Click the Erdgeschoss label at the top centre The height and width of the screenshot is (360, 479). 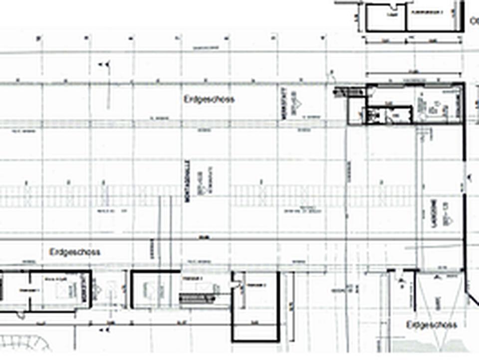pyautogui.click(x=209, y=99)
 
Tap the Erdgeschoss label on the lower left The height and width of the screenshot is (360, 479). pyautogui.click(x=75, y=252)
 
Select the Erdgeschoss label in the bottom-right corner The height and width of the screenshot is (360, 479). pyautogui.click(x=432, y=325)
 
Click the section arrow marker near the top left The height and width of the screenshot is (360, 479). pyautogui.click(x=105, y=64)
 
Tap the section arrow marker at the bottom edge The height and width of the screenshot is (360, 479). pyautogui.click(x=105, y=330)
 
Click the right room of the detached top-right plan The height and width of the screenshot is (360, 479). pyautogui.click(x=430, y=17)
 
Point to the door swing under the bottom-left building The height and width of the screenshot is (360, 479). pyautogui.click(x=20, y=315)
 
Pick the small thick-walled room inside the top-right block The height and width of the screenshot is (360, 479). pyautogui.click(x=389, y=115)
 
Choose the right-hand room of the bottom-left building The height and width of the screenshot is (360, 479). pyautogui.click(x=60, y=290)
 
